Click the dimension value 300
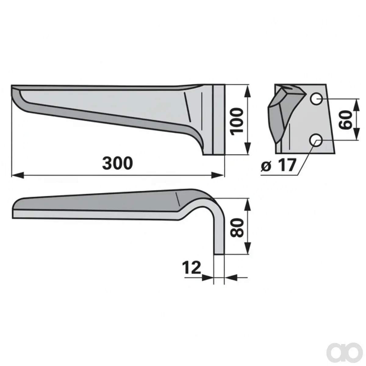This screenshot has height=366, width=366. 117,163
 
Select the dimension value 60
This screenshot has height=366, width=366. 345,120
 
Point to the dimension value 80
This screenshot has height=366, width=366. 237,228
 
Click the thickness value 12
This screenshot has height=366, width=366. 192,267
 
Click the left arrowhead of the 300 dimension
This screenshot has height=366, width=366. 18,175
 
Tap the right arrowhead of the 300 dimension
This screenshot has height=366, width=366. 218,175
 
